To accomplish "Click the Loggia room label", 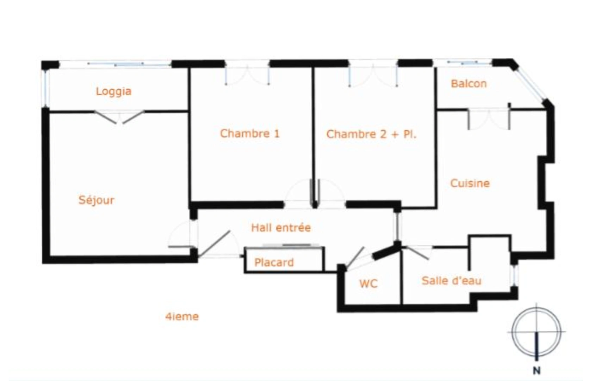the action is click(x=114, y=91).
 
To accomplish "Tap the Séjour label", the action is click(x=97, y=200).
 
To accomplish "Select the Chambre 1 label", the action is click(x=250, y=133).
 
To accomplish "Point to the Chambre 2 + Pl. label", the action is click(x=371, y=134).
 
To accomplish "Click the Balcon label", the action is click(x=469, y=84).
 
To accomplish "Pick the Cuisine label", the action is click(x=470, y=183).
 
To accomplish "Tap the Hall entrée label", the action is click(x=281, y=228).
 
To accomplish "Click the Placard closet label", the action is click(x=274, y=262).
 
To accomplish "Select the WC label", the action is click(x=368, y=284).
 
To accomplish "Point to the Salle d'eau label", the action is click(x=452, y=281).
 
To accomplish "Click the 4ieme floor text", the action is click(x=182, y=316).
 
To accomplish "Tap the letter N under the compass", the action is click(x=537, y=371).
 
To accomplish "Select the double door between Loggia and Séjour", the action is click(x=119, y=117).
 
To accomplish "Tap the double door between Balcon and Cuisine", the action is click(x=489, y=119).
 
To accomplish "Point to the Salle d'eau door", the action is click(x=417, y=253).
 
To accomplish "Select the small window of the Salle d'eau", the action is click(x=515, y=276).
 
